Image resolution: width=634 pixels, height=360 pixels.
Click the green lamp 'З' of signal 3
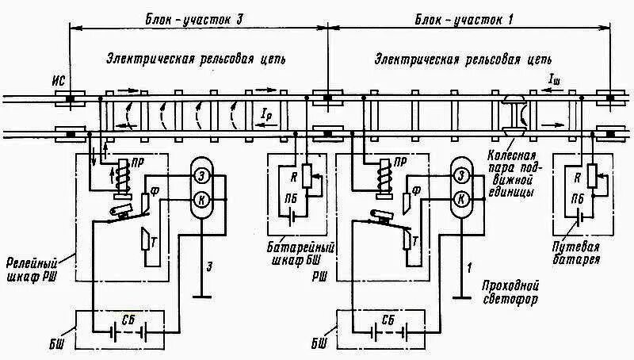pyautogui.click(x=201, y=175)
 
